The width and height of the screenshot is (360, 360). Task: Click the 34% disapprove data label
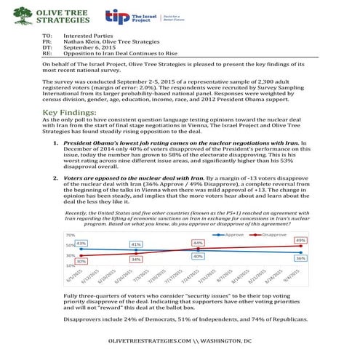coord(136,259)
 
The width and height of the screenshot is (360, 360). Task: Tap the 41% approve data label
coord(136,244)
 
